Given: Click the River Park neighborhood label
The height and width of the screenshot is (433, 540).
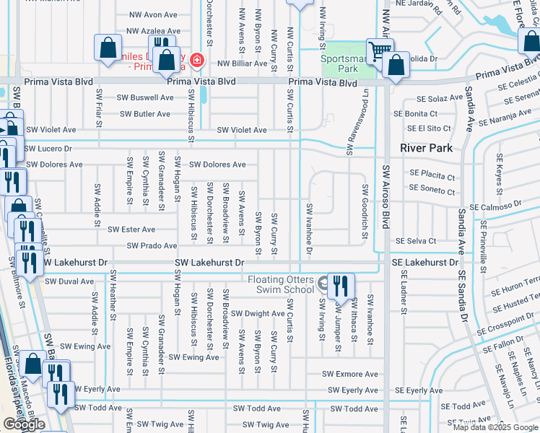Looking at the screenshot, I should coord(427,148).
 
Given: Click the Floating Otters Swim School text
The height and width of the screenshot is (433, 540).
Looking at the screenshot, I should coord(282,284).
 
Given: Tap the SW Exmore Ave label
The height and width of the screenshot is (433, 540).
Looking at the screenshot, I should coord(350,374).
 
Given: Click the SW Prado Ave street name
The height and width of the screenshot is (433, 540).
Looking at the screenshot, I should coord(152,246).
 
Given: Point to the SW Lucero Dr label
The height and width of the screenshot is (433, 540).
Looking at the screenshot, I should coord(48,148).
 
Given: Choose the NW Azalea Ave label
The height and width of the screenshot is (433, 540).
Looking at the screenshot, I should coord(153,31).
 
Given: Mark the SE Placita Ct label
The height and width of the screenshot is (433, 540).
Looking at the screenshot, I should coord(432,177).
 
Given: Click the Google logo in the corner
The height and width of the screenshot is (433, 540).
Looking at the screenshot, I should coord(25,424).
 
